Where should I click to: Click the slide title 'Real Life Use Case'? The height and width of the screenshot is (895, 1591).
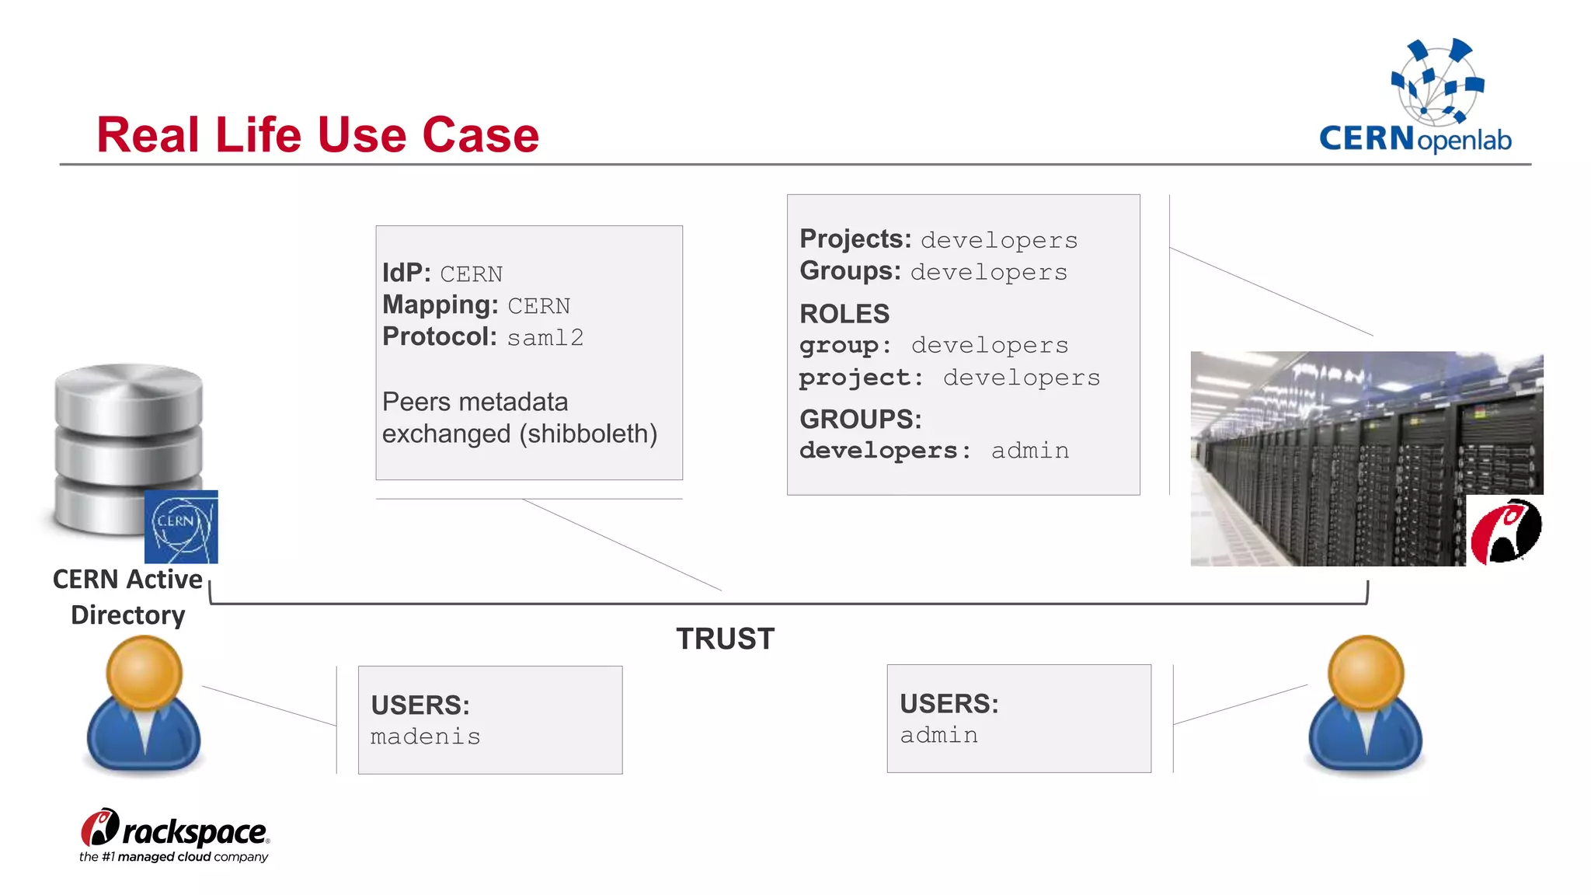click(317, 134)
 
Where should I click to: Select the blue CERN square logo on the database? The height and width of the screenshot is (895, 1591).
click(181, 527)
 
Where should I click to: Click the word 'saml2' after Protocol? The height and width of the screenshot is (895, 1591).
click(545, 338)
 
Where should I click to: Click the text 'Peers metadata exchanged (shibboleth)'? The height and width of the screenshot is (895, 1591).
click(519, 418)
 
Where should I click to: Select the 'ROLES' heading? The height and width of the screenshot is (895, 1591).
click(844, 314)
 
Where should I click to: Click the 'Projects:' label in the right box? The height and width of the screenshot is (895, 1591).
click(855, 239)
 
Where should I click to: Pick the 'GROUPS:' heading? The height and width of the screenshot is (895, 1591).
click(860, 419)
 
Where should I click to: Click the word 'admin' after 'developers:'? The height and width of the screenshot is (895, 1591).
click(1030, 451)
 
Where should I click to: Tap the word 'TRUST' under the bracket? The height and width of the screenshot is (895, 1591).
click(725, 639)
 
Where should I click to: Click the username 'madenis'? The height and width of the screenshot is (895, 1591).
click(425, 737)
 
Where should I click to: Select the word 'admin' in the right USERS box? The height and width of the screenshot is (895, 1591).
click(938, 735)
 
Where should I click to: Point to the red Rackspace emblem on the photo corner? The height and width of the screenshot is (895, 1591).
click(1505, 531)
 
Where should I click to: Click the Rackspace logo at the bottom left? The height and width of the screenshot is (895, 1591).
click(174, 835)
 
